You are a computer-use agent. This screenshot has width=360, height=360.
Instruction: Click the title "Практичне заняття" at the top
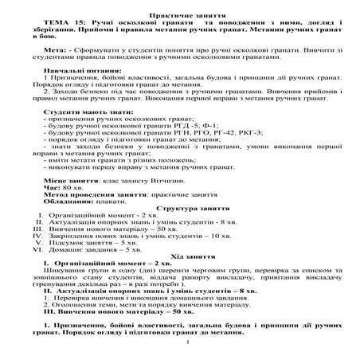pyautogui.click(x=181, y=8)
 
